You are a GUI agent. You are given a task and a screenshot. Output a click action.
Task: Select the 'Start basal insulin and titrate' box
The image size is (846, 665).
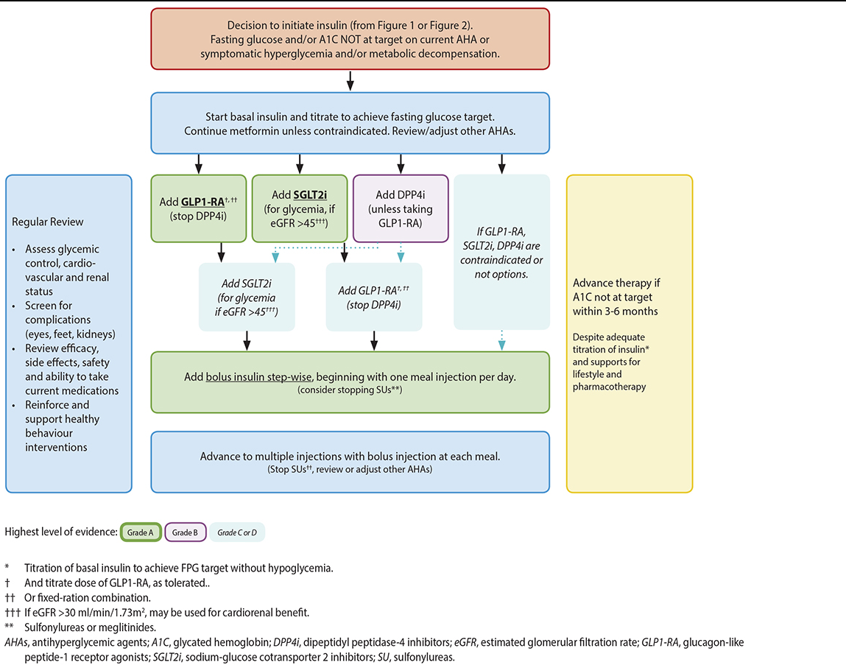pyautogui.click(x=350, y=123)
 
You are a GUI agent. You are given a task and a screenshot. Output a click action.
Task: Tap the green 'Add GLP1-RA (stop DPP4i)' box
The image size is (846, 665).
pyautogui.click(x=199, y=208)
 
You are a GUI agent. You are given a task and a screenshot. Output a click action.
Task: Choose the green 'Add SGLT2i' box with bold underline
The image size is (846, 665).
pyautogui.click(x=299, y=208)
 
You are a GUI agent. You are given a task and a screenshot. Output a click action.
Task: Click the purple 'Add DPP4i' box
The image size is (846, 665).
pyautogui.click(x=400, y=208)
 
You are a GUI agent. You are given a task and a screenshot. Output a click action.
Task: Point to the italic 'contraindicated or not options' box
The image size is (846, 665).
pyautogui.click(x=501, y=253)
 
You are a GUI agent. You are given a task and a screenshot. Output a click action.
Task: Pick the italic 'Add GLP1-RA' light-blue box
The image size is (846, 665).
pyautogui.click(x=374, y=297)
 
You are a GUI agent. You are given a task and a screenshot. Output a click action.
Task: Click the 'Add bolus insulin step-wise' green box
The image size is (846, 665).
pyautogui.click(x=350, y=381)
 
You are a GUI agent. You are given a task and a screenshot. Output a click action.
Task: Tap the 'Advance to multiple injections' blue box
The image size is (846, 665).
pyautogui.click(x=350, y=462)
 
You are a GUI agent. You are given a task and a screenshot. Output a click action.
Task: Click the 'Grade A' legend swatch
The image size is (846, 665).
pyautogui.click(x=141, y=532)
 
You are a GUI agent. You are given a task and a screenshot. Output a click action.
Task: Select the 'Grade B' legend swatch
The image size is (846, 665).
pyautogui.click(x=184, y=532)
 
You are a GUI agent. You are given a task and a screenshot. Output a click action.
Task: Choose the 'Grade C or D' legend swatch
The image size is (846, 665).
pyautogui.click(x=237, y=532)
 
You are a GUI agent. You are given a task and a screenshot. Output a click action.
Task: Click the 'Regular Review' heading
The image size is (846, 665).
pyautogui.click(x=48, y=222)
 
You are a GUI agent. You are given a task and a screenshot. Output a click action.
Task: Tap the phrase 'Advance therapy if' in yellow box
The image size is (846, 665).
pyautogui.click(x=613, y=284)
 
